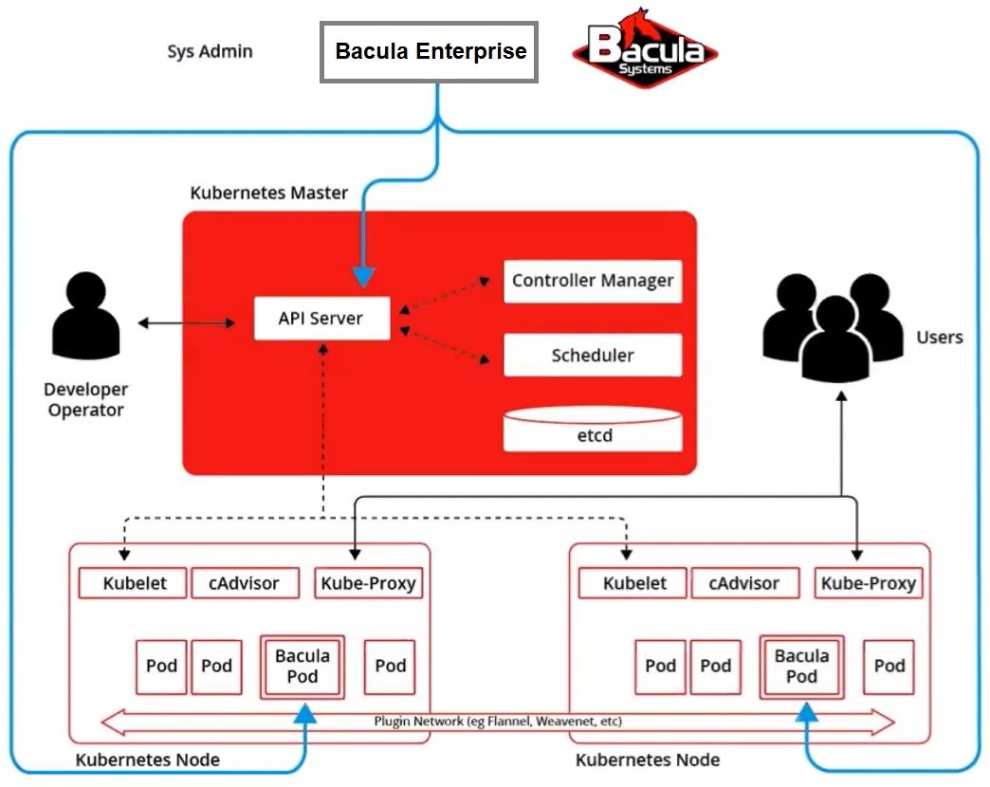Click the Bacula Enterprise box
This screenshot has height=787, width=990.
pyautogui.click(x=430, y=52)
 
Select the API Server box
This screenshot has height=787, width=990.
pyautogui.click(x=321, y=319)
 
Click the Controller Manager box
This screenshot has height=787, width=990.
pyautogui.click(x=593, y=281)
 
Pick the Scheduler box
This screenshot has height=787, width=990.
pyautogui.click(x=593, y=356)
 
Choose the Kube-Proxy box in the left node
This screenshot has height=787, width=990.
pyautogui.click(x=367, y=583)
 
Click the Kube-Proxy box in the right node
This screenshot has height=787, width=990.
pyautogui.click(x=868, y=583)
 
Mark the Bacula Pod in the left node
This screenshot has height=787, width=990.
pyautogui.click(x=302, y=667)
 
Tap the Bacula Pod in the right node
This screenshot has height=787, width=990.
pyautogui.click(x=802, y=667)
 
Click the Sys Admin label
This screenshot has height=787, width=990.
pyautogui.click(x=210, y=51)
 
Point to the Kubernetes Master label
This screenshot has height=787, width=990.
pyautogui.click(x=269, y=192)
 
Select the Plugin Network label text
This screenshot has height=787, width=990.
pyautogui.click(x=497, y=722)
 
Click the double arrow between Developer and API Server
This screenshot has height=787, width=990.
pyautogui.click(x=187, y=323)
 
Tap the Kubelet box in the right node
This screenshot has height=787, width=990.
pyautogui.click(x=634, y=583)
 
